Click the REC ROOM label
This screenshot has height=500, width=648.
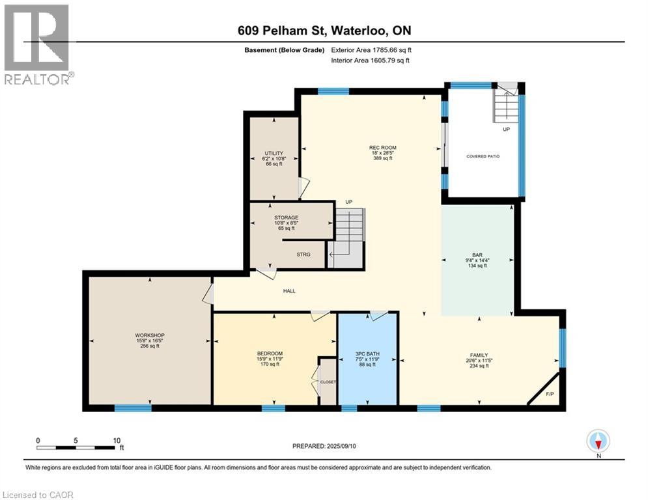(x=383, y=148)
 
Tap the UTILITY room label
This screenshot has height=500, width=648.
(x=274, y=153)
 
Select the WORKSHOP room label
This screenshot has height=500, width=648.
(x=150, y=335)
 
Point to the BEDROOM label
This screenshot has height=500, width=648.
(x=270, y=354)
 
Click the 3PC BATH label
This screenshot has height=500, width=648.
(x=367, y=354)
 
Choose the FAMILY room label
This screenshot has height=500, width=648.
(x=479, y=355)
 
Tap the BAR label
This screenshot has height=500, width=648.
(x=477, y=255)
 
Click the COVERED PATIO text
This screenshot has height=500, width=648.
(x=483, y=157)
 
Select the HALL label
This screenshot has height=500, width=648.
(x=289, y=291)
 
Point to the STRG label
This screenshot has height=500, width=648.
(x=303, y=255)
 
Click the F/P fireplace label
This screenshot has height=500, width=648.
(x=550, y=395)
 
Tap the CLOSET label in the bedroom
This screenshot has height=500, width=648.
(x=328, y=382)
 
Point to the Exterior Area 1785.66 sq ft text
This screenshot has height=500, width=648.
(x=371, y=50)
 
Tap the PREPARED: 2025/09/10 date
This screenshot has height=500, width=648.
(x=324, y=446)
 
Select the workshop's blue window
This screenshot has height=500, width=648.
(x=133, y=408)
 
